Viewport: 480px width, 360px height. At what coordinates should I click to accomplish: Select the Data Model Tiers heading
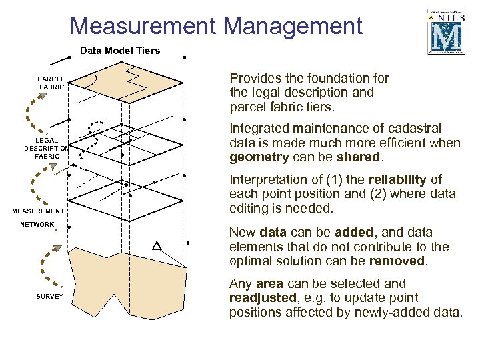120,51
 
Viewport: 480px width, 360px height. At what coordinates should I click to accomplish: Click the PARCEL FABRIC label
51,83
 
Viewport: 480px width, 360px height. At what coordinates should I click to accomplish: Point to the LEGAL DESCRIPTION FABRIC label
46,148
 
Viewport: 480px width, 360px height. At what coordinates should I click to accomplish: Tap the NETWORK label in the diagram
37,225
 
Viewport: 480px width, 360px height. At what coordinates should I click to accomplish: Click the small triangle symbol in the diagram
157,246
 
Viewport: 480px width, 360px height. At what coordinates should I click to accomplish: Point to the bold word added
355,232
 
